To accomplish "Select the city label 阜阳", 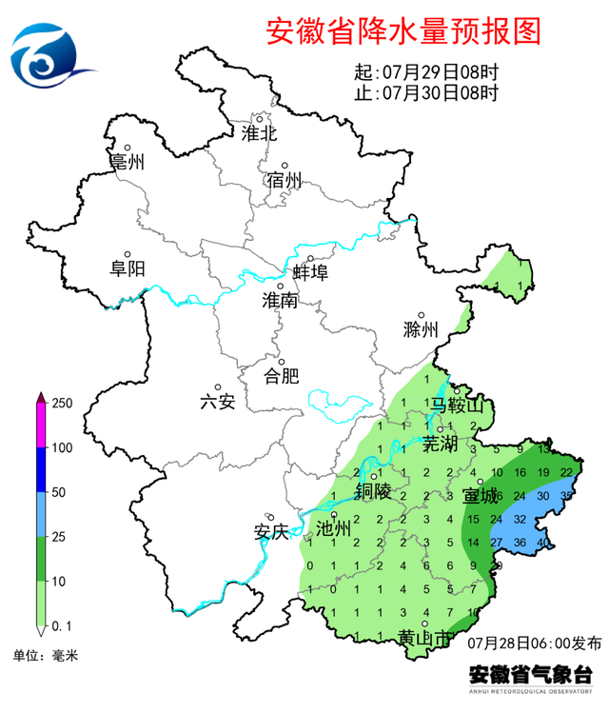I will tap(128, 268).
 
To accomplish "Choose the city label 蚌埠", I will tap(309, 272).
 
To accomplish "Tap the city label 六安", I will tap(218, 401).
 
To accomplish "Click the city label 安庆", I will tap(271, 532).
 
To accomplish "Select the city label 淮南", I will tap(280, 301).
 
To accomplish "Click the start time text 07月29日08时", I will tap(440, 72).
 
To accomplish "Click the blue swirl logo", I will tap(49, 57).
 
